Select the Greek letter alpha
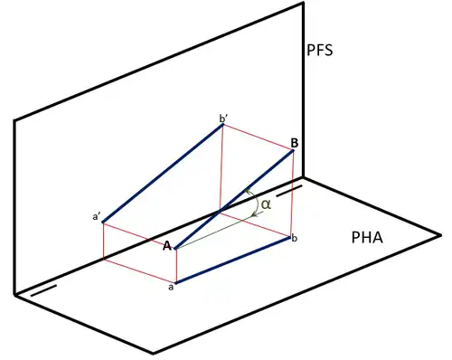(x=265, y=204)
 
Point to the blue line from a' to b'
(x=163, y=173)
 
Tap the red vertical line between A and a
(x=175, y=266)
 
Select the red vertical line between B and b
(x=295, y=194)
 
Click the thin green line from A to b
(x=231, y=230)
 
